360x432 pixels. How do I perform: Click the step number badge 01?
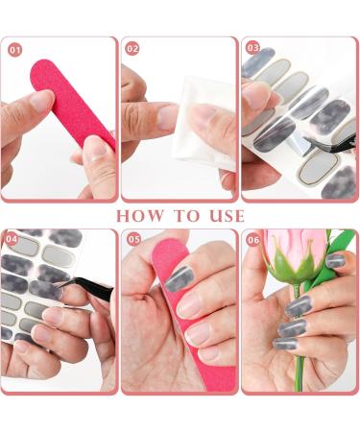[14, 48]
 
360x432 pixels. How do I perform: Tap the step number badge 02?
[133, 48]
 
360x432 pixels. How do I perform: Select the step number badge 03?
[252, 48]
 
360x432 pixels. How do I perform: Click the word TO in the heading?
[182, 215]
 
